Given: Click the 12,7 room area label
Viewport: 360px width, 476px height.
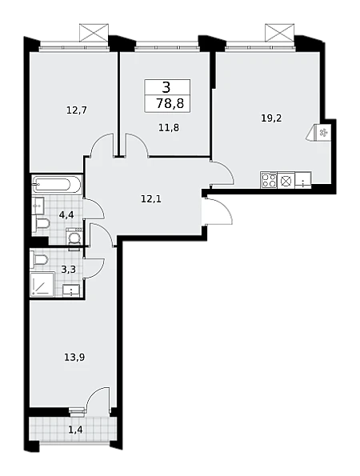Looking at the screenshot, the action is click(x=77, y=110).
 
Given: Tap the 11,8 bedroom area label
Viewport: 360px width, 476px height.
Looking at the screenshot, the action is click(x=169, y=128).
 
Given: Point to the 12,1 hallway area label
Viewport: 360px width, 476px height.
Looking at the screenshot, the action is click(x=151, y=199).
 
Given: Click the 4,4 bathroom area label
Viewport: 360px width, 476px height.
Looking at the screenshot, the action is click(x=67, y=215).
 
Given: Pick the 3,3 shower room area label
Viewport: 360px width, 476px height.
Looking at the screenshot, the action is click(x=68, y=269).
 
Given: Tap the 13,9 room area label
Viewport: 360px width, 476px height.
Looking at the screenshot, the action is click(x=74, y=358).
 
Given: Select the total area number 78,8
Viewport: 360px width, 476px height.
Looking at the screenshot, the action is click(x=170, y=104).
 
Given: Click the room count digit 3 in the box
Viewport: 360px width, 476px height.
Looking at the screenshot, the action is click(x=166, y=87).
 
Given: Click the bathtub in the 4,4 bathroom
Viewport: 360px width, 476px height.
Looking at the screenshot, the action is click(x=57, y=184).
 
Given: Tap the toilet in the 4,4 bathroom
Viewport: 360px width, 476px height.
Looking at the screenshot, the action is click(x=42, y=225).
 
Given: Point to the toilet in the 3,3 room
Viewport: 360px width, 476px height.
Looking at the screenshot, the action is click(x=41, y=261).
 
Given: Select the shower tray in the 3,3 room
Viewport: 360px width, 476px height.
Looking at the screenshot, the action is click(x=42, y=284).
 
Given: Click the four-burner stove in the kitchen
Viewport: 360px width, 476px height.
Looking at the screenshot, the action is click(x=269, y=180).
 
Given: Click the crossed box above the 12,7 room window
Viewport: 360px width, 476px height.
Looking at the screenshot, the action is click(x=94, y=33).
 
